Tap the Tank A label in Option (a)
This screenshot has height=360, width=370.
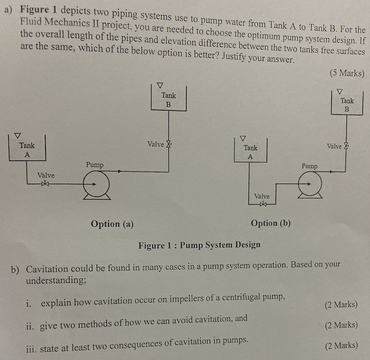click(x=27, y=150)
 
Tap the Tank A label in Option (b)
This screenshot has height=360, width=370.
click(x=250, y=152)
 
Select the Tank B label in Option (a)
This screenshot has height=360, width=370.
click(x=168, y=100)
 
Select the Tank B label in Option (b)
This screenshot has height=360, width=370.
click(x=347, y=105)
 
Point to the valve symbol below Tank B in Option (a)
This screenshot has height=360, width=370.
click(x=169, y=144)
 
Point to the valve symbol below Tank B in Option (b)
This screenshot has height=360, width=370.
click(x=347, y=146)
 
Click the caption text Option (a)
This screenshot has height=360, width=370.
click(x=112, y=224)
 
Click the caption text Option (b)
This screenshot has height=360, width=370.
click(x=270, y=223)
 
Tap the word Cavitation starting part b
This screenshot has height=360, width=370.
click(x=47, y=269)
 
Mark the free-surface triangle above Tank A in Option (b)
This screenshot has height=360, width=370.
click(x=243, y=138)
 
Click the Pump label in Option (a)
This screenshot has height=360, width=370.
click(x=95, y=164)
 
